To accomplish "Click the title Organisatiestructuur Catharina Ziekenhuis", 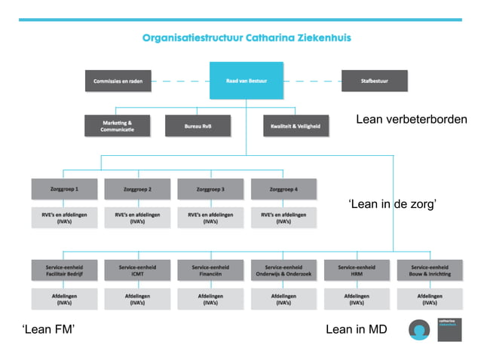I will [x=246, y=37].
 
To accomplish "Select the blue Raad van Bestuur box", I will [x=246, y=81].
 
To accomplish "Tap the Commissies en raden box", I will [x=118, y=81].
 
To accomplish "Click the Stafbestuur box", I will [x=374, y=81].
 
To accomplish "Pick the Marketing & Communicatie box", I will [x=118, y=126].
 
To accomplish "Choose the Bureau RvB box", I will [x=198, y=126].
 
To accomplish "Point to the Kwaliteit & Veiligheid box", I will [x=296, y=126].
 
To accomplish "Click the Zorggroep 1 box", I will [x=63, y=189].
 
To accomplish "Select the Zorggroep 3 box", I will [x=210, y=189].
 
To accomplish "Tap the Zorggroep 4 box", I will [x=283, y=189].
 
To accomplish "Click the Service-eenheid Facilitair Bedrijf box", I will [x=63, y=270].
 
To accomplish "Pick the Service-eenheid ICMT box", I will [x=136, y=270].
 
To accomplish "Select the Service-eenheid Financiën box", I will [x=210, y=270].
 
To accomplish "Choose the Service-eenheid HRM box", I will [x=357, y=270].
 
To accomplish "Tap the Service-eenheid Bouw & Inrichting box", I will [x=430, y=270].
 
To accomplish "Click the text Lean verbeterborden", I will [x=411, y=120].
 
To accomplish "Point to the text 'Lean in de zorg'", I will [x=392, y=204].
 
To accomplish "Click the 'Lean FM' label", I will [x=48, y=329].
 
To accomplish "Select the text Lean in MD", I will [x=356, y=329].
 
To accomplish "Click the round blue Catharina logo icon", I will [x=419, y=330].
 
